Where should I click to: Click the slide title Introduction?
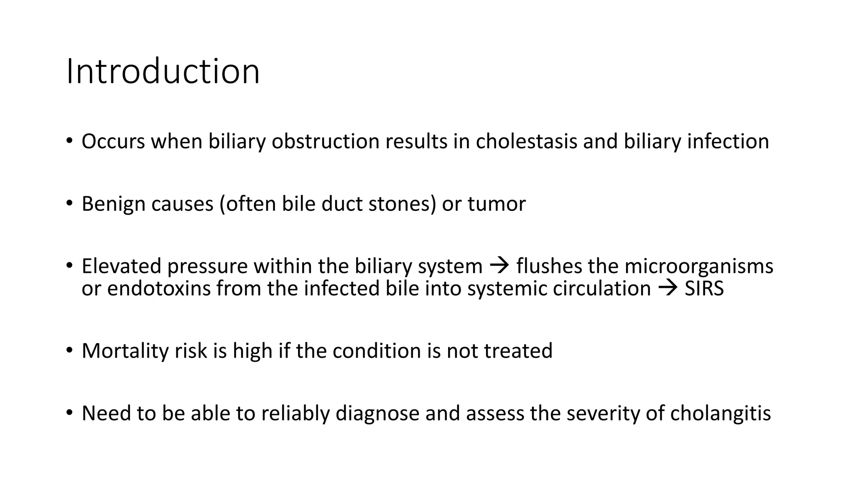[163, 72]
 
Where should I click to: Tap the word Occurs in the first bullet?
[113, 141]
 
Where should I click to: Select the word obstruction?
[325, 141]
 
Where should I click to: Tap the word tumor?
[496, 204]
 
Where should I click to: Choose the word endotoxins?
[159, 289]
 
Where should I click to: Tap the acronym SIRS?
[704, 289]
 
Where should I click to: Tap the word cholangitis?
[721, 413]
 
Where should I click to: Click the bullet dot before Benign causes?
[69, 204]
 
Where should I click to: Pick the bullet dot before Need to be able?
[69, 413]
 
